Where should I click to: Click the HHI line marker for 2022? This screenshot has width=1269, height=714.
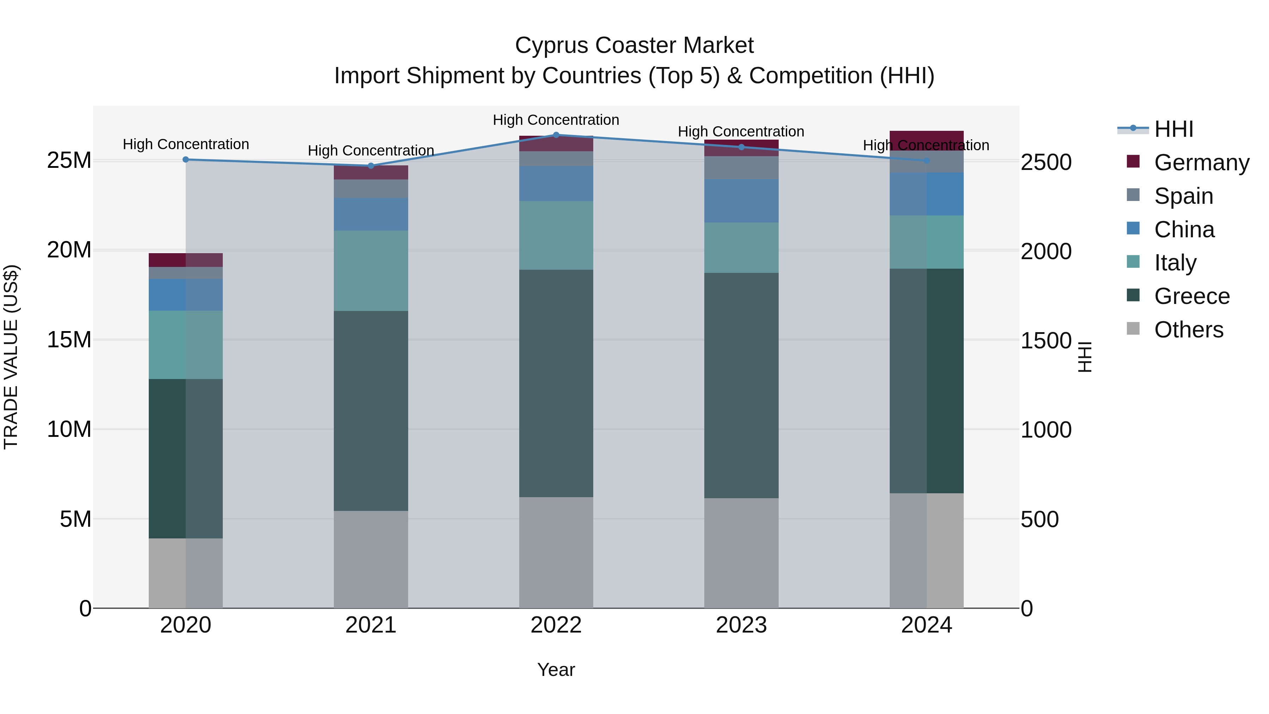click(556, 135)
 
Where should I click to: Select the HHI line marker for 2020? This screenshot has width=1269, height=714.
click(186, 160)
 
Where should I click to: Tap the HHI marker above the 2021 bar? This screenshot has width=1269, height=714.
click(371, 166)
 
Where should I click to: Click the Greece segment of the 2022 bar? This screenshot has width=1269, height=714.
click(556, 383)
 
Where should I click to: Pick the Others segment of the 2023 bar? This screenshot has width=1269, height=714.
click(741, 553)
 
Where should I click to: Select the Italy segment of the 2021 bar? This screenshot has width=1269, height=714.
click(371, 271)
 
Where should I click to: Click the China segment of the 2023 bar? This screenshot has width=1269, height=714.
click(741, 201)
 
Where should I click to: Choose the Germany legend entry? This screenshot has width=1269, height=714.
click(1201, 163)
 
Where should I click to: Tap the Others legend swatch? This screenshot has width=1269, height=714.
click(1133, 329)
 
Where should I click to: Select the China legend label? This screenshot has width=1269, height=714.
click(1184, 230)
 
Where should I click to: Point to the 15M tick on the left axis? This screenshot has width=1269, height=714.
click(69, 340)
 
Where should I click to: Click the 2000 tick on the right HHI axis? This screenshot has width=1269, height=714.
click(1046, 251)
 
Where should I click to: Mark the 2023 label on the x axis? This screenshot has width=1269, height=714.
click(741, 625)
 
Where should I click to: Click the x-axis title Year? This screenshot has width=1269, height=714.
click(556, 670)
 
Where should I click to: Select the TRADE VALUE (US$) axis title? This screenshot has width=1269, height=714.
click(11, 357)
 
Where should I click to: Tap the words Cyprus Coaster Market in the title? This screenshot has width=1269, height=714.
click(634, 45)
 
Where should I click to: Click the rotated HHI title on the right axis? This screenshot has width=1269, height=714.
click(1085, 357)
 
